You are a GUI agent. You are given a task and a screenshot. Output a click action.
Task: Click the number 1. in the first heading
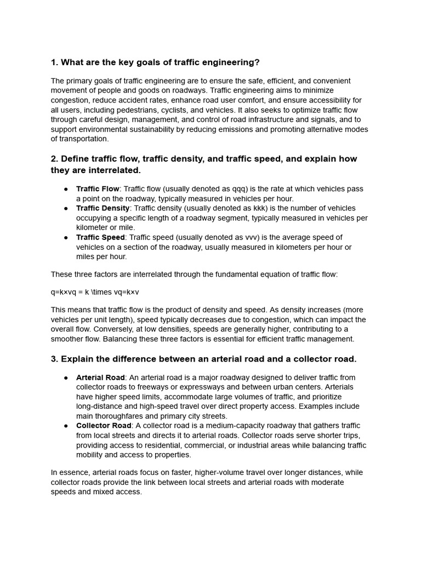54,62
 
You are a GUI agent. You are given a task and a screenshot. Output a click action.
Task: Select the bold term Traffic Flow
98,189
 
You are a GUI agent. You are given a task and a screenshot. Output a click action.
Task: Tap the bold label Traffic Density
103,208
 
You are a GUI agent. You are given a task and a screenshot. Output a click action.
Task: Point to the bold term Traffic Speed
101,237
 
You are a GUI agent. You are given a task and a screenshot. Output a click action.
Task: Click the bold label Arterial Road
100,377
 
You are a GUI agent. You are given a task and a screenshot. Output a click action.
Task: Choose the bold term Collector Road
104,426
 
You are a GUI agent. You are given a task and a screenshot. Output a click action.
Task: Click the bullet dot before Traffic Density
66,208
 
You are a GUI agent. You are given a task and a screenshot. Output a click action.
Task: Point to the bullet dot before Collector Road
66,426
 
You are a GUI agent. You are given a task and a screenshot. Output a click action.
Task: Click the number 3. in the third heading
54,359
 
